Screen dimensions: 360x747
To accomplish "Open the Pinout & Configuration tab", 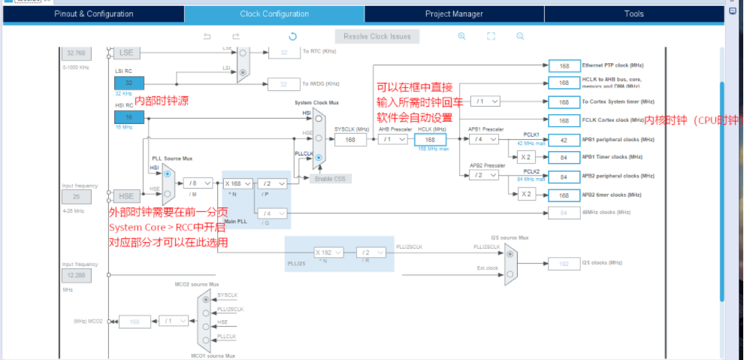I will click(94, 14).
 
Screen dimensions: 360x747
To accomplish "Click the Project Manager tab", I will click(454, 14).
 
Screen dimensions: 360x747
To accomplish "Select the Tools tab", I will click(634, 14).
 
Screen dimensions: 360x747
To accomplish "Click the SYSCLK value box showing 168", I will click(350, 140).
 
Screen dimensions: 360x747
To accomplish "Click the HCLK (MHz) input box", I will click(430, 140).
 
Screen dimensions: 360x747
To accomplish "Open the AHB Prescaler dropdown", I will click(392, 140).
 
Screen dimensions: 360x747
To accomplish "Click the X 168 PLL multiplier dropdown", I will click(238, 183).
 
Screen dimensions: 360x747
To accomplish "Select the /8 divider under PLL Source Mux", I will click(198, 183).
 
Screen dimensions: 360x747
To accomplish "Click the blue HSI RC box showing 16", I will click(129, 117).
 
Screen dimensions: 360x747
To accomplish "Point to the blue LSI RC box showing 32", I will click(129, 83).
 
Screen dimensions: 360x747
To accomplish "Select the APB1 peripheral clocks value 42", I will click(564, 140).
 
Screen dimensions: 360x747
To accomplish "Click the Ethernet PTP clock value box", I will click(564, 65).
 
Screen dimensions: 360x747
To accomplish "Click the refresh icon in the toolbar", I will click(293, 36).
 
